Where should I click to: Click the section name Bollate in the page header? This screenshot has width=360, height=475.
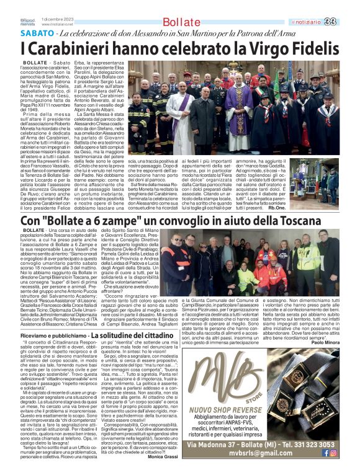pos(174,22)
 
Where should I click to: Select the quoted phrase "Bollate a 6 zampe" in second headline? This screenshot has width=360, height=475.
pos(88,221)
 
